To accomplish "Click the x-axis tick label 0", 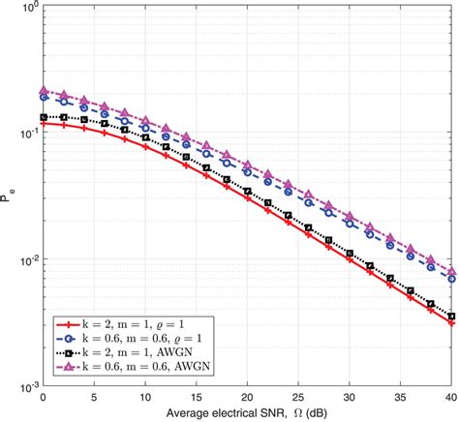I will point(43,398).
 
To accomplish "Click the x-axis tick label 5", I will point(94,398).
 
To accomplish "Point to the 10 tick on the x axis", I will point(145,398).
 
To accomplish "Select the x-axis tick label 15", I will point(197,398).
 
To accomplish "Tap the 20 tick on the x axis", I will point(248,398).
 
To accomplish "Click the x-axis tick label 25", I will point(299,398).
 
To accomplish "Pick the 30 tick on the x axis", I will point(351,398).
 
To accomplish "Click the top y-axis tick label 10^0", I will point(27,9).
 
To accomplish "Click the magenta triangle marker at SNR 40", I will point(452,270).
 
